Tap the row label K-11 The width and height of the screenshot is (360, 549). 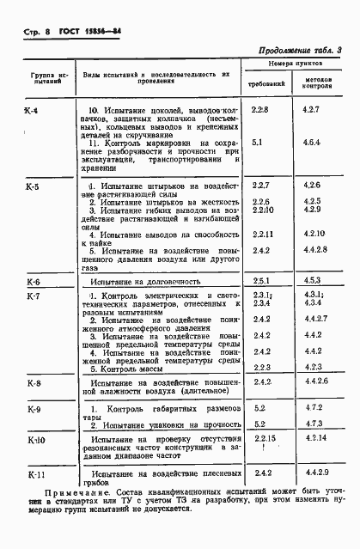(34, 473)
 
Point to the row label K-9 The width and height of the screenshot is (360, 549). (34, 409)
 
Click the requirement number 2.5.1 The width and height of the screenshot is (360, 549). (261, 281)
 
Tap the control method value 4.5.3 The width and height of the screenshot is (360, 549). (312, 280)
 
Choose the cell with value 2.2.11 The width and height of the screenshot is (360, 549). (263, 234)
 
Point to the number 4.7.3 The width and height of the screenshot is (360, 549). (313, 424)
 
